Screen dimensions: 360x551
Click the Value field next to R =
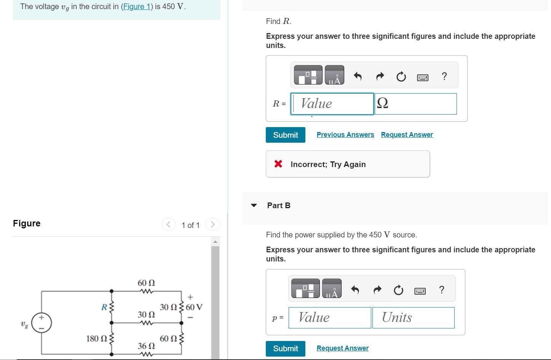pos(332,104)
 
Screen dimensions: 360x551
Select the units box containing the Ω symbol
pos(416,104)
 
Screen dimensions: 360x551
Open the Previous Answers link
pos(345,135)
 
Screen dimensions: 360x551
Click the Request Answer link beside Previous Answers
pos(407,135)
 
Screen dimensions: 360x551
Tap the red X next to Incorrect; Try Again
pos(278,164)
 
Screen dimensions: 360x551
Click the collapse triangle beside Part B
pos(254,205)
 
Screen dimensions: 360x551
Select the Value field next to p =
pos(330,317)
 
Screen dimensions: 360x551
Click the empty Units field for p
pos(413,317)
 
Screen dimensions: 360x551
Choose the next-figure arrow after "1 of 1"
pos(213,225)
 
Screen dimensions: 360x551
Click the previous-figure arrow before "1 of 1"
pos(168,225)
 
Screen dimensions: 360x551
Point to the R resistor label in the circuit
pos(104,307)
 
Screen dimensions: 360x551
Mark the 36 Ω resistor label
pos(146,346)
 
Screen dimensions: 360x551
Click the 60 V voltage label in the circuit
pos(194,307)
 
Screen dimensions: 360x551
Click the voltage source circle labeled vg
pos(42,323)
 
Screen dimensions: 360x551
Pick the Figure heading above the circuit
pos(27,223)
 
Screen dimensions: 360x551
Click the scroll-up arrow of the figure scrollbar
pos(215,242)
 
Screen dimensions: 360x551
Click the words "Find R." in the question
pos(279,21)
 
